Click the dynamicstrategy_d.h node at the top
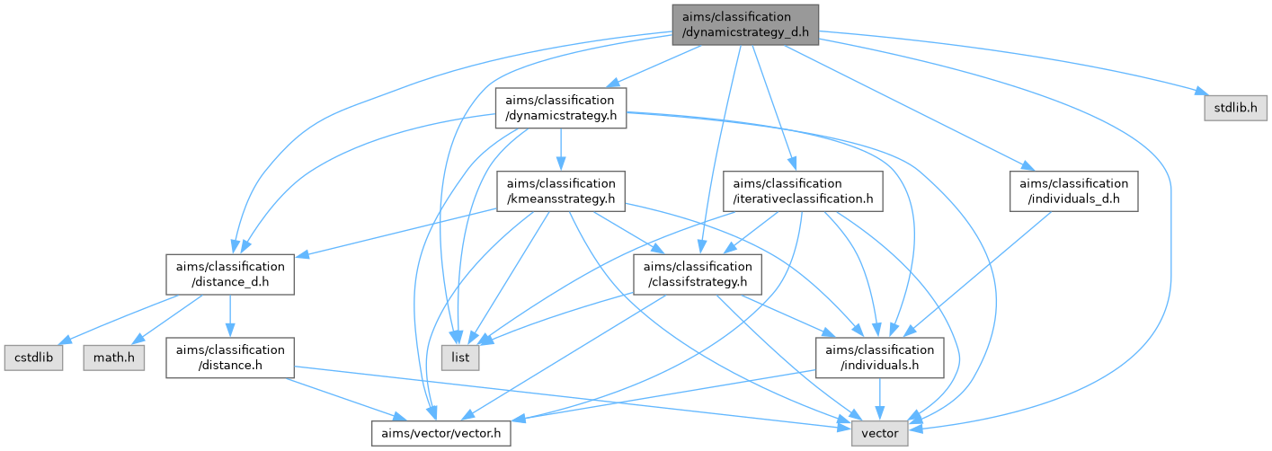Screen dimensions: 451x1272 pos(745,25)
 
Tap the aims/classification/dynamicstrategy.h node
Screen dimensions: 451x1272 pos(561,107)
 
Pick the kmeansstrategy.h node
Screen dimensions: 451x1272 pos(561,190)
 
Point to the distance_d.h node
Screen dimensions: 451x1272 pos(230,274)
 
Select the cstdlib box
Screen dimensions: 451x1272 pos(32,358)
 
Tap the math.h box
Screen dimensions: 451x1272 pos(113,358)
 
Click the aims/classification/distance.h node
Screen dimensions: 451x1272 pos(230,358)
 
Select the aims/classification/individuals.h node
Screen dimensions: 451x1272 pos(880,358)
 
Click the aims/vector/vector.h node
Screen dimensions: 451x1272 pos(442,434)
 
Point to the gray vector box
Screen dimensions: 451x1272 pos(881,434)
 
